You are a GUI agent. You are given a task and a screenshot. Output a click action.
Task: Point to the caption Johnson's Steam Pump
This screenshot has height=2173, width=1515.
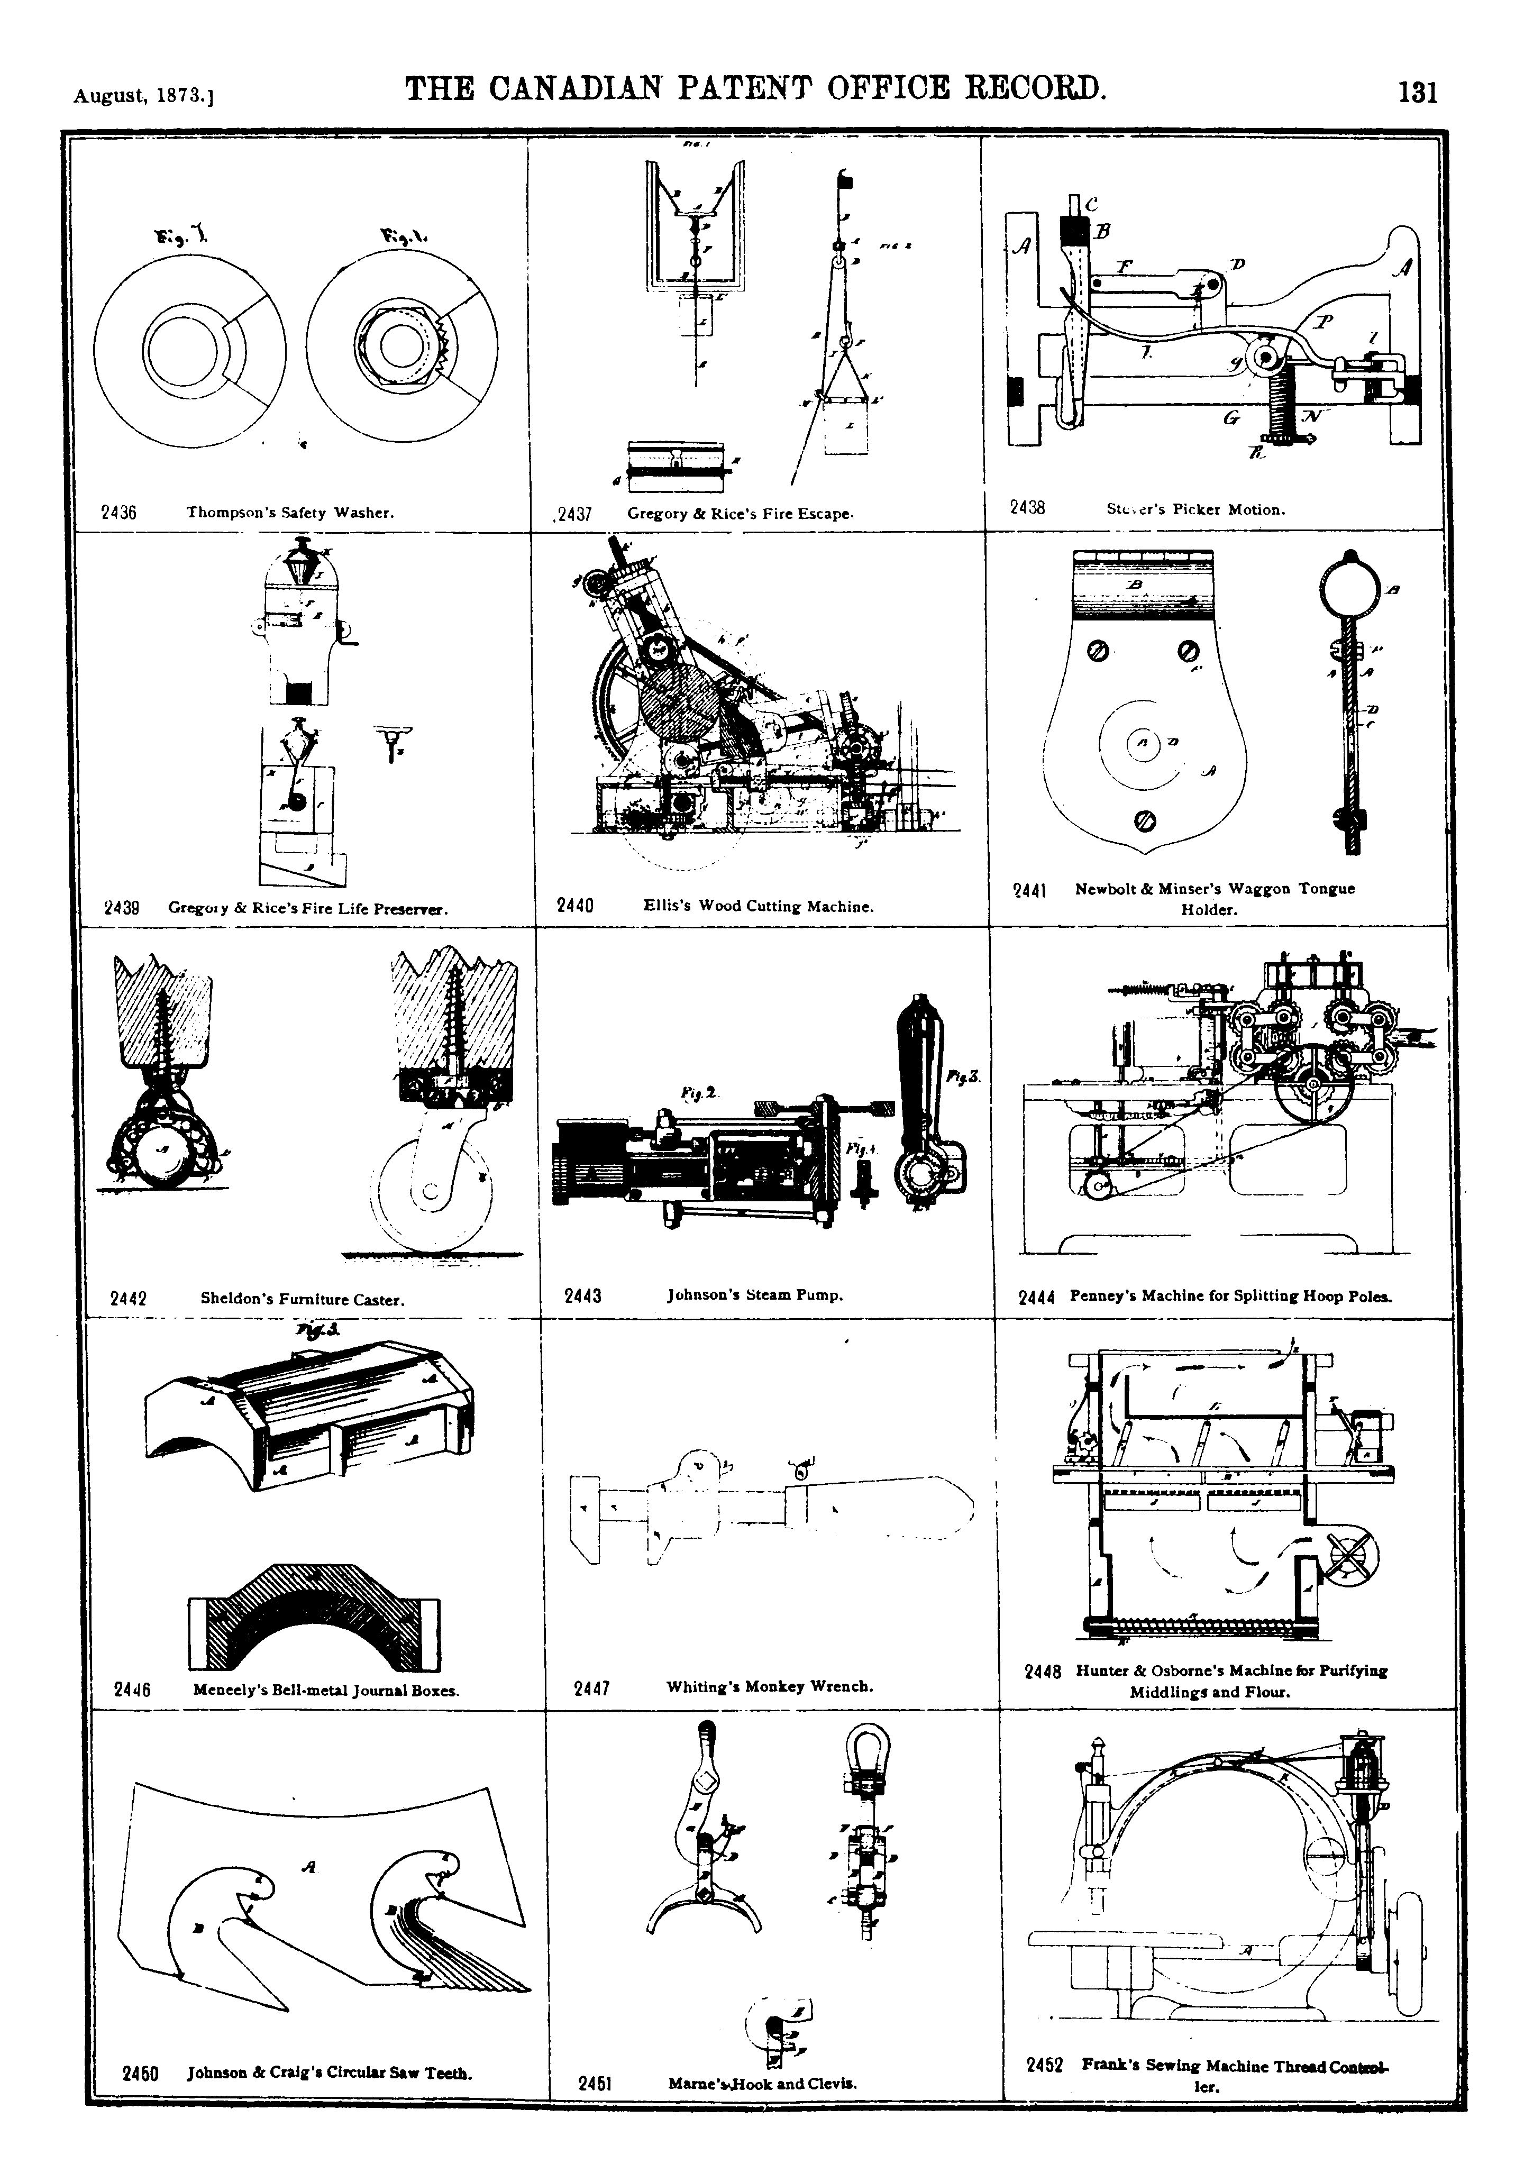754,1295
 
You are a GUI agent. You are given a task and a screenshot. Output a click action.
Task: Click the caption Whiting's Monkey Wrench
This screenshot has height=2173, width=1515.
769,1686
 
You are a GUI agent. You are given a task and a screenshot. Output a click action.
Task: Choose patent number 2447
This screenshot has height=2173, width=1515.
591,1687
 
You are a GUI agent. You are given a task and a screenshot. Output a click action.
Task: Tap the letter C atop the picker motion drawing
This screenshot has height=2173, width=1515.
1091,203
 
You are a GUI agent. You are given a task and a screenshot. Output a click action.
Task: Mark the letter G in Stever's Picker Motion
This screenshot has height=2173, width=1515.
1230,417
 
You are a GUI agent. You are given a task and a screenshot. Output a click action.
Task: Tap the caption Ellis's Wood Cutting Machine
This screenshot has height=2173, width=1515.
758,906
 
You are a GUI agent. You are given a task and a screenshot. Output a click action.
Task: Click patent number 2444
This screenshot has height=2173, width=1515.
1036,1298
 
